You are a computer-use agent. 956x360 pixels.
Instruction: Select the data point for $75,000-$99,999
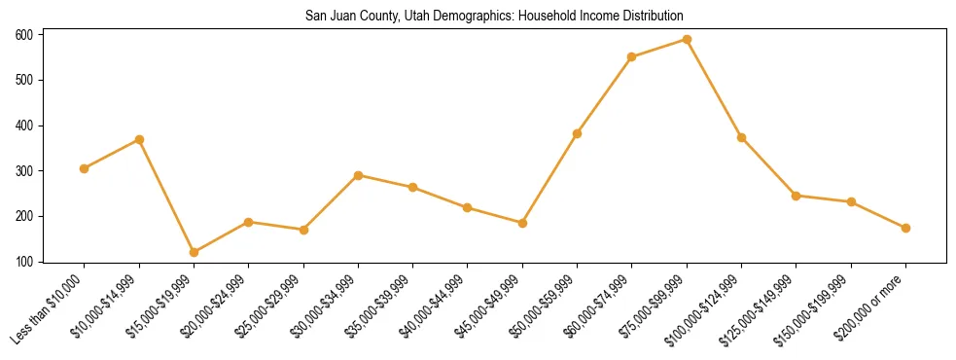[x=687, y=40]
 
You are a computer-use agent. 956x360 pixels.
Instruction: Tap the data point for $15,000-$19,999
[x=194, y=252]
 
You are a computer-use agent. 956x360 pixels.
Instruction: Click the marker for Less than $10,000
[x=85, y=168]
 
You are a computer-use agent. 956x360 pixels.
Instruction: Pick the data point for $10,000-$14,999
[x=139, y=139]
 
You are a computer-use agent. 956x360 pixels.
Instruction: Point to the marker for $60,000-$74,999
[x=632, y=56]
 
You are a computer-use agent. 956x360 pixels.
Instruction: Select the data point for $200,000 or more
[x=905, y=228]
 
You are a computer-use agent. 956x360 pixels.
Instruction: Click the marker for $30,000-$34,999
[x=358, y=175]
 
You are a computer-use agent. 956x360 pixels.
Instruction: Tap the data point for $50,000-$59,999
[x=578, y=133]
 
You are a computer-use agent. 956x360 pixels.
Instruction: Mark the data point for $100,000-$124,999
[x=741, y=137]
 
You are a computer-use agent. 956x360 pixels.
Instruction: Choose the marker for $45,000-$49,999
[x=522, y=223]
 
